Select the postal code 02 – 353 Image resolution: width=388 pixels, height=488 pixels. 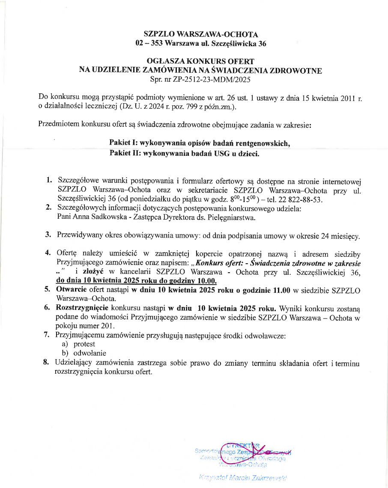pyautogui.click(x=149, y=43)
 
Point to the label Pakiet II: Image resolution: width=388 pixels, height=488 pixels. pyautogui.click(x=124, y=153)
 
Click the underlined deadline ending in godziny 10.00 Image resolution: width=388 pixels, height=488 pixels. pyautogui.click(x=137, y=281)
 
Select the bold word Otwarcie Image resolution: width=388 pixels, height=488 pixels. pyautogui.click(x=71, y=290)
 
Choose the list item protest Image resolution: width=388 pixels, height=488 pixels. pyautogui.click(x=84, y=344)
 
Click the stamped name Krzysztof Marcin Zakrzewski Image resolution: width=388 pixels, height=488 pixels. pyautogui.click(x=243, y=476)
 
